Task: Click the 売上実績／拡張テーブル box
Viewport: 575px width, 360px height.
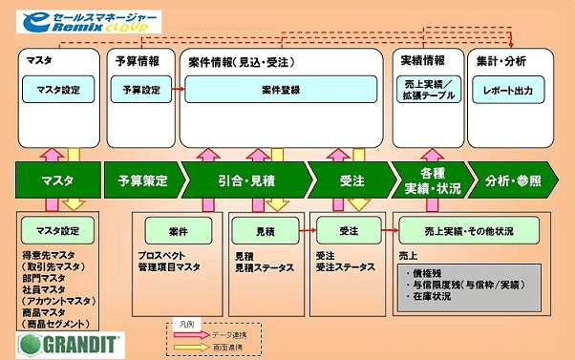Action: [x=426, y=90]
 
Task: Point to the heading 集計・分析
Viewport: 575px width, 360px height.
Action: [x=500, y=60]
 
